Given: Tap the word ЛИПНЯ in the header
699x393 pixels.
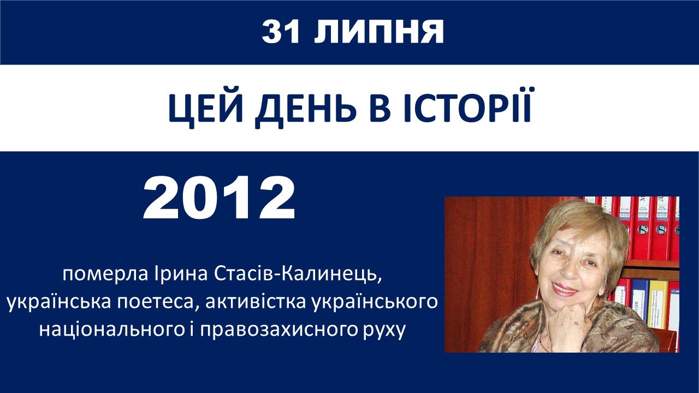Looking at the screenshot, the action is click(378, 32).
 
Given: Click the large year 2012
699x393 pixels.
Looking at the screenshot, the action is click(219, 198).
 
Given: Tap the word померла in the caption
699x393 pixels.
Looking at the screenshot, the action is click(105, 275).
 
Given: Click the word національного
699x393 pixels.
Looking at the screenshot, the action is click(111, 329).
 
